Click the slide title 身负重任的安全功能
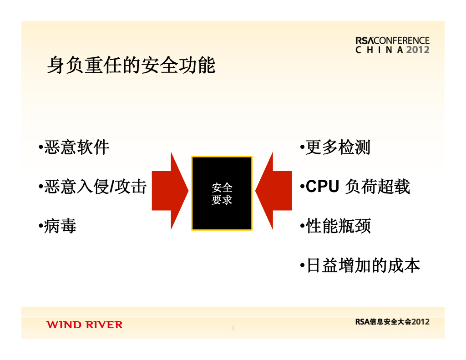[x=131, y=66]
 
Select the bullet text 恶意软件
[x=76, y=147]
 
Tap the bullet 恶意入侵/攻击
[x=95, y=187]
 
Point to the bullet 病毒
[x=60, y=226]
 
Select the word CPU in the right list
[x=322, y=187]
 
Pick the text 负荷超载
[x=378, y=187]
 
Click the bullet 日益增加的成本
[x=362, y=265]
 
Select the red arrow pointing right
[x=169, y=191]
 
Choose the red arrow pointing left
[x=274, y=191]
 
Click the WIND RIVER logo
[x=84, y=325]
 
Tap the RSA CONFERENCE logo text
[x=392, y=41]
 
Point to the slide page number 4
[x=233, y=328]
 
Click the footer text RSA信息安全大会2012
[x=392, y=321]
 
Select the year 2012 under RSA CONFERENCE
[x=417, y=50]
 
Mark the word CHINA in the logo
[x=379, y=50]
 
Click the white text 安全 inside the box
[x=222, y=188]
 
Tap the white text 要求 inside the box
[x=222, y=200]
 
